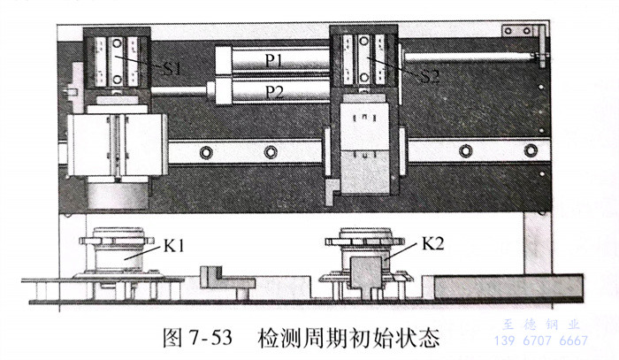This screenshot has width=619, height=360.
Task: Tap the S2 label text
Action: (x=429, y=75)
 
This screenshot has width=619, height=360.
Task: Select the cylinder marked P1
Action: (x=273, y=60)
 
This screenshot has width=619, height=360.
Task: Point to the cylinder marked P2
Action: (x=274, y=89)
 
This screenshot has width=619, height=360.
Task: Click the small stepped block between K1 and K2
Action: (x=217, y=282)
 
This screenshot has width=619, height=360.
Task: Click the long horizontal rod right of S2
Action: (x=469, y=58)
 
